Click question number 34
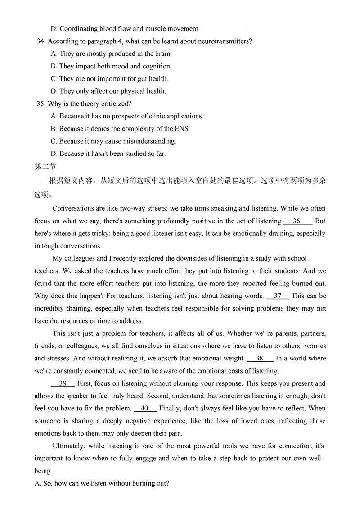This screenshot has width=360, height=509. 40,41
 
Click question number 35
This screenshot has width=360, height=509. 40,104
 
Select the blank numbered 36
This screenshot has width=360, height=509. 297,221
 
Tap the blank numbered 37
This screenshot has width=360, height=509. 278,296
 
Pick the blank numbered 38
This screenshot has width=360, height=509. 260,359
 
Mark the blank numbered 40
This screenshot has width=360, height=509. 144,409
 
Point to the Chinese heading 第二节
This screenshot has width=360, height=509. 45,167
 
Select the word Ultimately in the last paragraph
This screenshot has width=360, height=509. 69,446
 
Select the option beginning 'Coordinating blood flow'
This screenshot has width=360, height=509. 125,29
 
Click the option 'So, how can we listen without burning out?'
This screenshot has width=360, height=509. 102,484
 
